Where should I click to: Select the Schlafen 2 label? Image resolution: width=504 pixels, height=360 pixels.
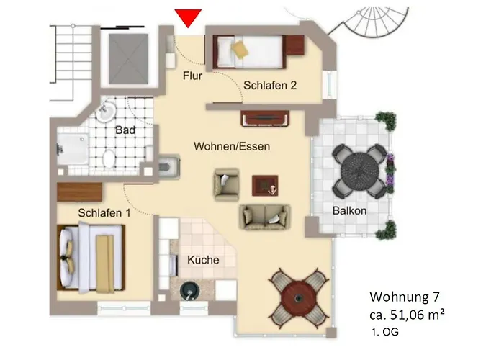270,85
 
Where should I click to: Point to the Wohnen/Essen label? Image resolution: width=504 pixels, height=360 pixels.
232,146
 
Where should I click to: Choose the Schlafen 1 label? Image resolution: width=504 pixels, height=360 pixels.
104,213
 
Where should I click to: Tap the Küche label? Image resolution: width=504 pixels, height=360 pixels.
202,260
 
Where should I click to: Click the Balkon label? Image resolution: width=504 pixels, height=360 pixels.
350,211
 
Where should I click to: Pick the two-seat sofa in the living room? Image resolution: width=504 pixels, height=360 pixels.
265,215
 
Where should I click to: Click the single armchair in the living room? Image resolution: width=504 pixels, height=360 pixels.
226,183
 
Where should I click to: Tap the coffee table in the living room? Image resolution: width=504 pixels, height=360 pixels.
264,186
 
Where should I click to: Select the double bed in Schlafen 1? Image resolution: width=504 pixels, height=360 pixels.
90,256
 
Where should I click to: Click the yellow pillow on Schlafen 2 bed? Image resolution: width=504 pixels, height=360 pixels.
238,48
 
